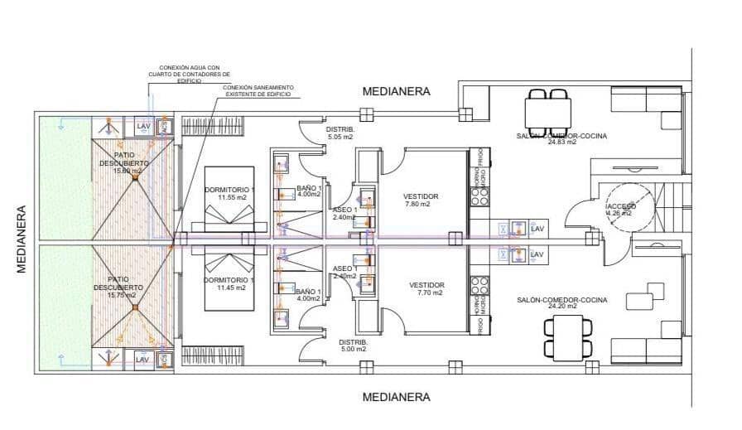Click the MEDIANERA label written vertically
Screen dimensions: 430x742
(x=22, y=239)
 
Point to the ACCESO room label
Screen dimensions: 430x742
(x=621, y=205)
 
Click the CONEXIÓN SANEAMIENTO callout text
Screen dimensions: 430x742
(x=258, y=91)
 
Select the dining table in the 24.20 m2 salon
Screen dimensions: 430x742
(x=566, y=339)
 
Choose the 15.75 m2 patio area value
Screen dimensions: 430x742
(x=124, y=294)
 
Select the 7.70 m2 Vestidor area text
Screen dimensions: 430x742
(x=429, y=292)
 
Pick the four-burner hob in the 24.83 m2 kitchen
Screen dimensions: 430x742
(x=479, y=196)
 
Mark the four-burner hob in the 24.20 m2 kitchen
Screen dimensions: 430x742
(x=479, y=286)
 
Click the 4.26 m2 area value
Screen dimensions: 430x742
(x=619, y=213)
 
